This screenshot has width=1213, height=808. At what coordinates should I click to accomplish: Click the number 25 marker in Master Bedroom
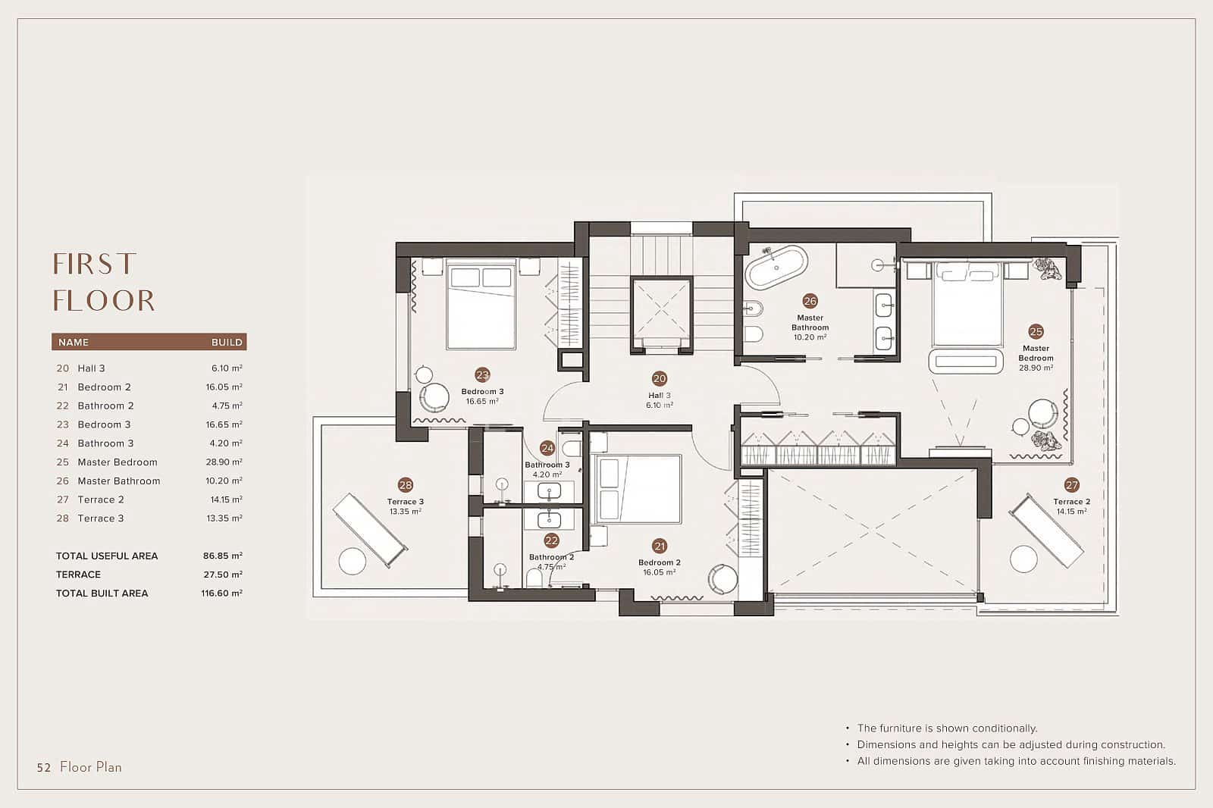coord(1036,331)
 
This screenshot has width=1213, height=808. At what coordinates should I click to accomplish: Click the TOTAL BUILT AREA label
coord(102,593)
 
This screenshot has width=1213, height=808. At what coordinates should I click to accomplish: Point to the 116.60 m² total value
coord(221,593)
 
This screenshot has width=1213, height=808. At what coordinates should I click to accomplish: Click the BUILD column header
coord(227,342)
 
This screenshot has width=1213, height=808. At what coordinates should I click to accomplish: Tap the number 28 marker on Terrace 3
coord(406,484)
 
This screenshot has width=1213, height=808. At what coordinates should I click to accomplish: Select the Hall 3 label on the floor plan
coord(659,396)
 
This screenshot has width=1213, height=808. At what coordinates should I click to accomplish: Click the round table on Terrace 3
coord(353,561)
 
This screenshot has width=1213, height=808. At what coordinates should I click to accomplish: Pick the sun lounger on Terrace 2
coord(1046,530)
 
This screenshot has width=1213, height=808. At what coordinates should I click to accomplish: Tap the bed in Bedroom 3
coord(481,304)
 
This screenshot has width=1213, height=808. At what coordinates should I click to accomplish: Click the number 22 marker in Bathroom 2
coord(551,540)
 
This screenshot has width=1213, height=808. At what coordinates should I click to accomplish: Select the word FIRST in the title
coord(94,265)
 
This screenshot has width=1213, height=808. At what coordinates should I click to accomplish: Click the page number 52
coord(44,767)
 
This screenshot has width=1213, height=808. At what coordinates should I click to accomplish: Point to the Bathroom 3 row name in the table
coord(105,443)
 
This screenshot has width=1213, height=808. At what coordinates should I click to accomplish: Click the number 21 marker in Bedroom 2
coord(660,546)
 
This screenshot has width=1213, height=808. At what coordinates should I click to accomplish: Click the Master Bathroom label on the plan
coord(810,323)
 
